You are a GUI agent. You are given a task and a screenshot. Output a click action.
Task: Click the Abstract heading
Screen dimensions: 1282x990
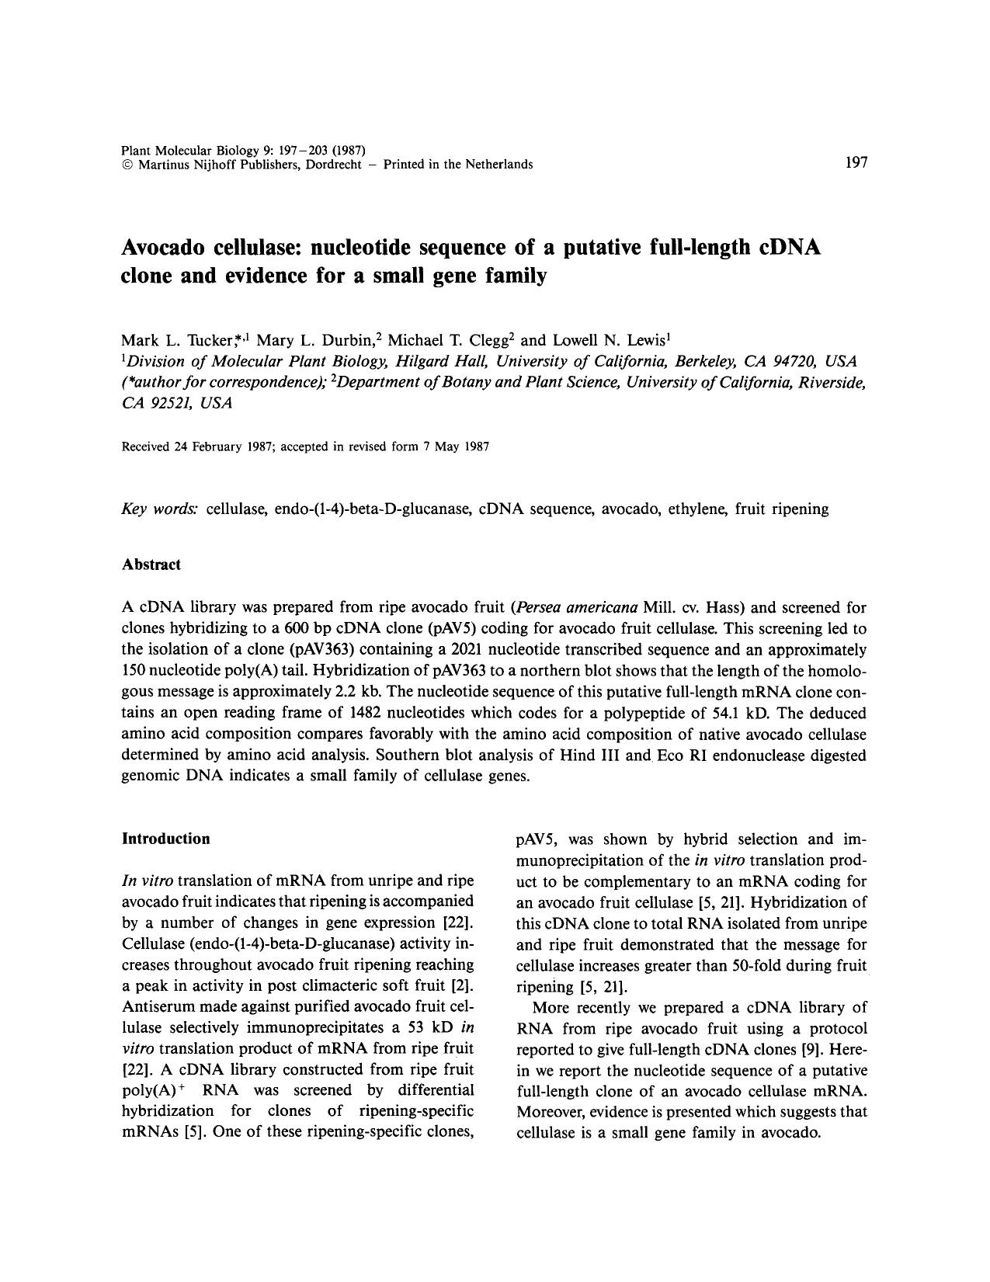(x=151, y=565)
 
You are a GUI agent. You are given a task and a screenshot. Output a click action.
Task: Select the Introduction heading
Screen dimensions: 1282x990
(x=165, y=839)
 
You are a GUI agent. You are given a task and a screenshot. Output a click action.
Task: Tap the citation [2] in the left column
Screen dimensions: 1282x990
(x=463, y=986)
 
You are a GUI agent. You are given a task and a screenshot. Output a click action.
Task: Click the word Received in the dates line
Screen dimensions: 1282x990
(x=145, y=446)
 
